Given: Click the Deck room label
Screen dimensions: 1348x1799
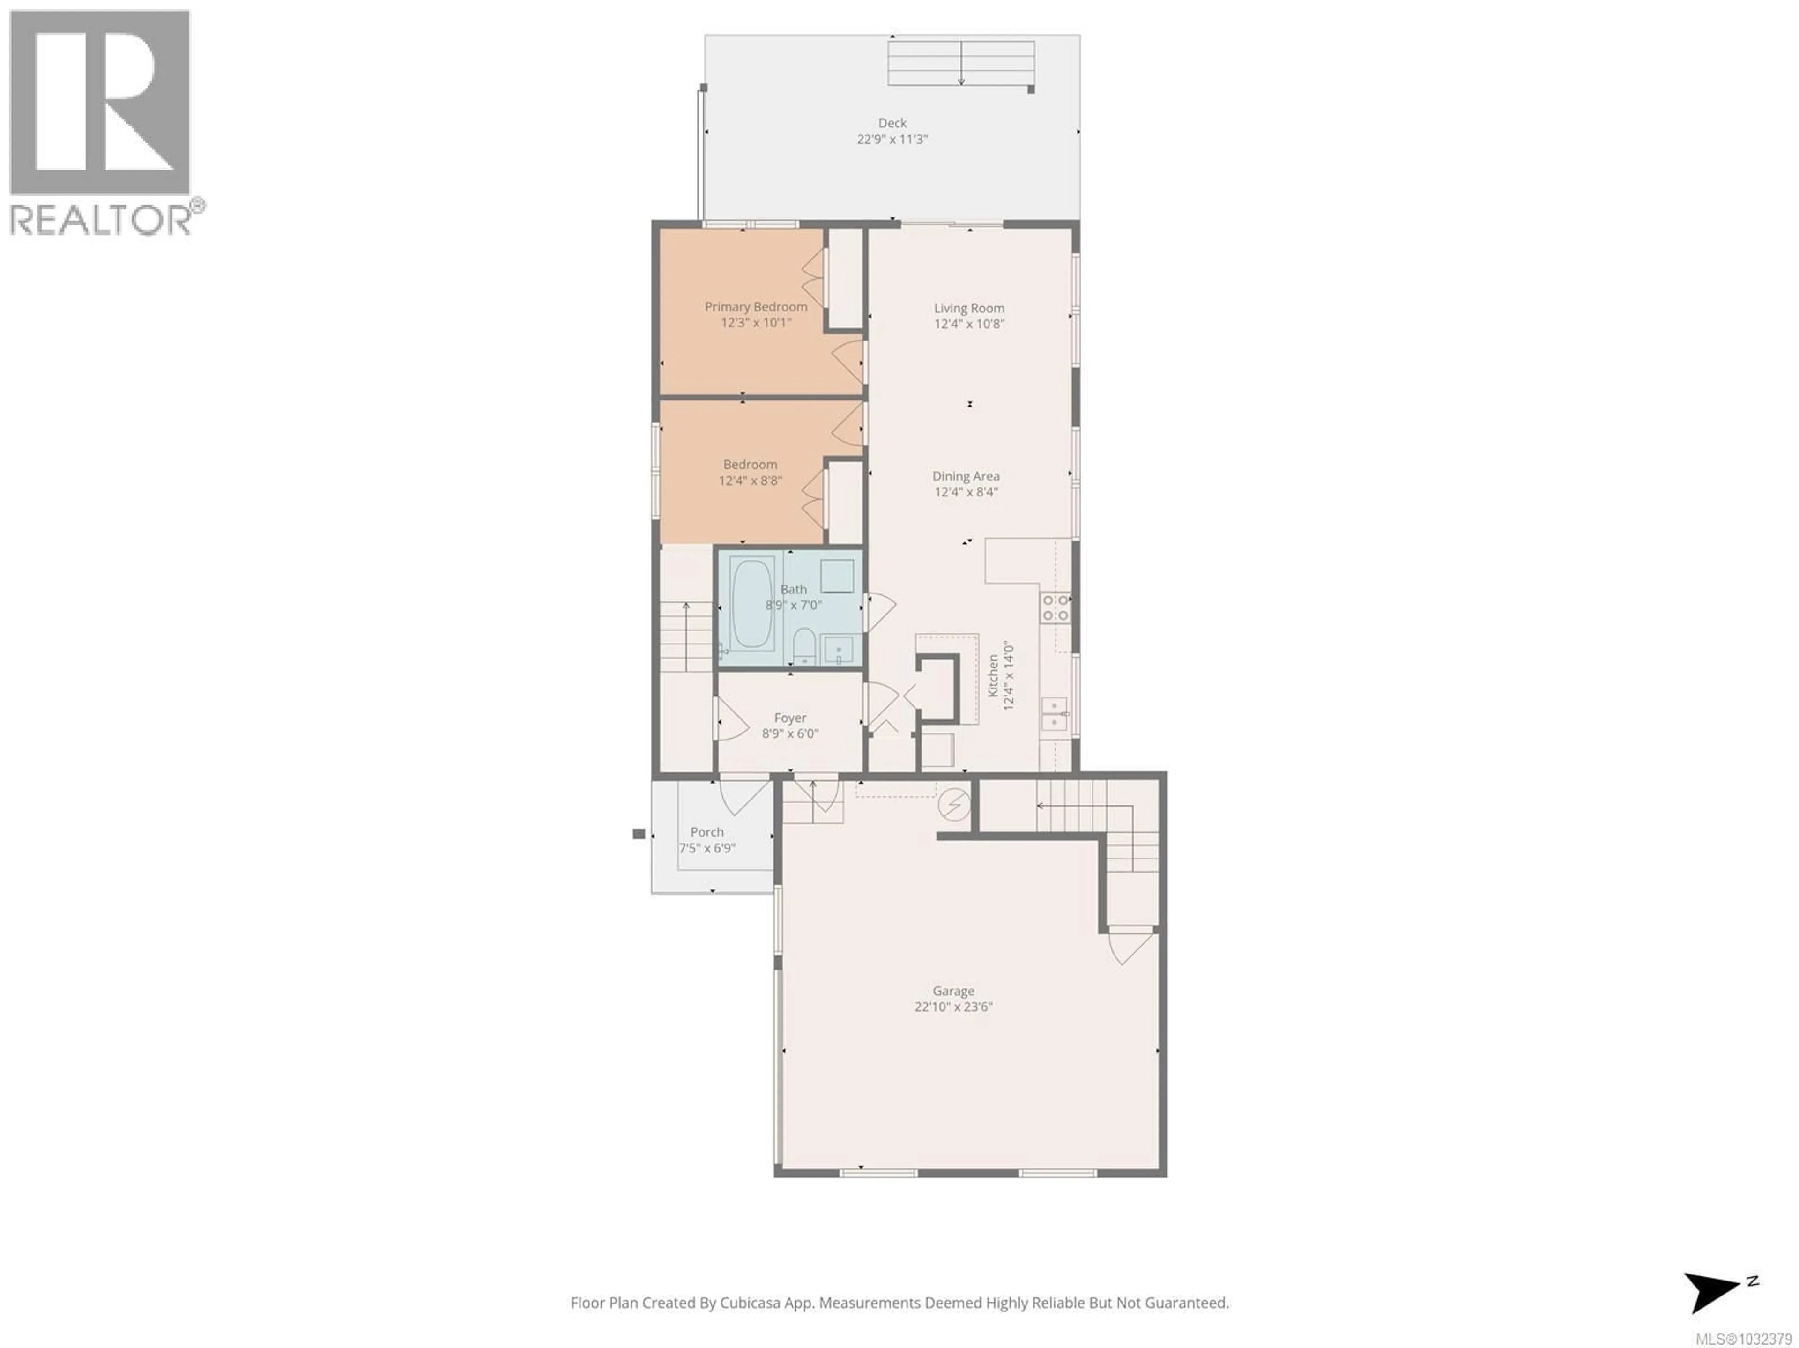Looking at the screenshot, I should (x=892, y=123).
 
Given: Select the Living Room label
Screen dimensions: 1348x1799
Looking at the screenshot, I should (x=969, y=308).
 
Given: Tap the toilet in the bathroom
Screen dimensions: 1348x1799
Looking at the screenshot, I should (x=804, y=646).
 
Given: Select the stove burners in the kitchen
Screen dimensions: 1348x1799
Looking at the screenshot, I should (x=1056, y=608).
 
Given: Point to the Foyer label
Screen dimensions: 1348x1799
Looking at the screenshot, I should (x=790, y=718).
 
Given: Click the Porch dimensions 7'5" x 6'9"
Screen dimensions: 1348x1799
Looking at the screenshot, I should (x=707, y=848).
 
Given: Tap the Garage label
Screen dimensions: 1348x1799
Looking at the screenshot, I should (x=953, y=991).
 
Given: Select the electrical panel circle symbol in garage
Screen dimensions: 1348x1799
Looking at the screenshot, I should (x=954, y=805).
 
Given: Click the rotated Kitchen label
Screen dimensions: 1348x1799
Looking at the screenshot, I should (x=993, y=675).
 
